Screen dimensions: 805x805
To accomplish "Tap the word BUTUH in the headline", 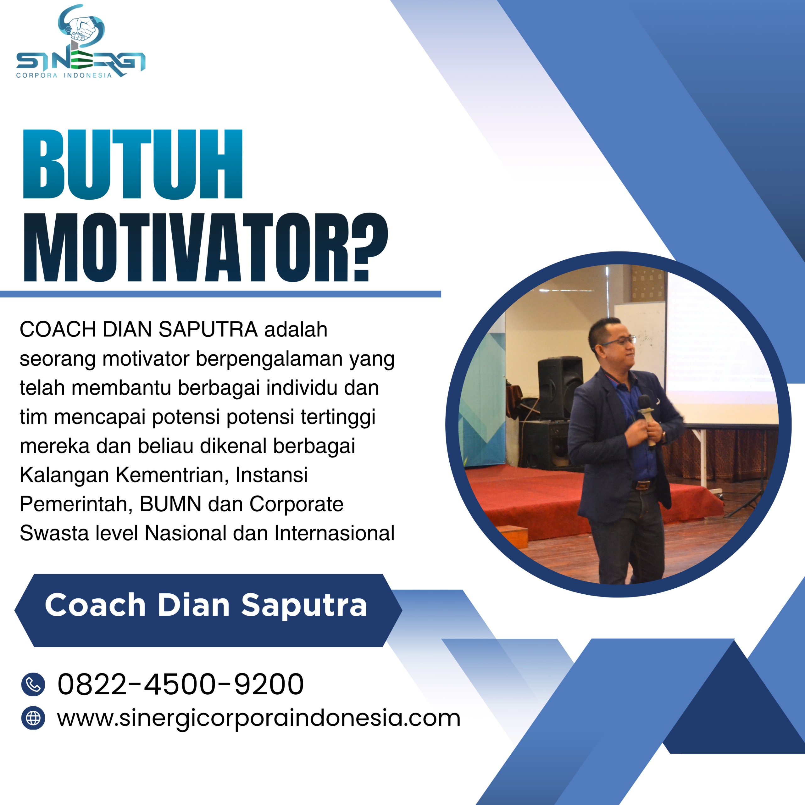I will [x=132, y=164].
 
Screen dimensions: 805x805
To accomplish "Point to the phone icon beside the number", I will [x=33, y=684].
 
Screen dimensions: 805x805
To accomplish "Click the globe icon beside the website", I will [x=33, y=718].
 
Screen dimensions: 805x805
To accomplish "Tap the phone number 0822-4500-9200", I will [x=180, y=684].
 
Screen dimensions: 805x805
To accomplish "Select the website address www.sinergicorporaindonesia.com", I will [x=258, y=718].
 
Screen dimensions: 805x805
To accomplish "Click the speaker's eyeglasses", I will [x=621, y=342].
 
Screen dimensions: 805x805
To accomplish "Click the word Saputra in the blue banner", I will [x=304, y=605].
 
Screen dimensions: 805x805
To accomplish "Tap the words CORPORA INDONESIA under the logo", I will [x=64, y=75].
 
